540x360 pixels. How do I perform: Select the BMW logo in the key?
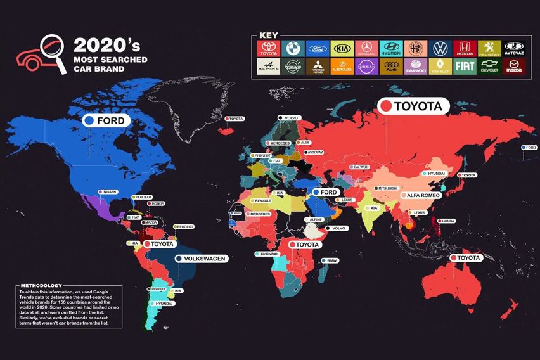coord(293,48)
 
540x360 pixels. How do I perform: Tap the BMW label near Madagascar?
coord(331,260)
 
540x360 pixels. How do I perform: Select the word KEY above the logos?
coord(268,35)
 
